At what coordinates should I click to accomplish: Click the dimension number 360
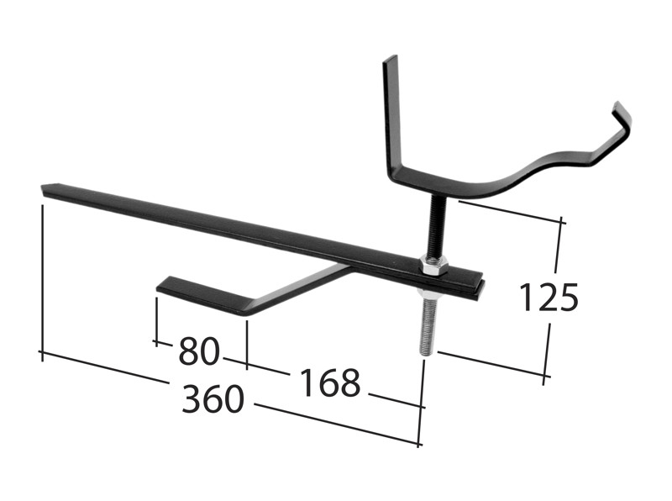click(213, 400)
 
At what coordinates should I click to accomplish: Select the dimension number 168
click(329, 383)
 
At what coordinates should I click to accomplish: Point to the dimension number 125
click(549, 298)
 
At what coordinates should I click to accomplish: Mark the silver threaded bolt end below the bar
click(427, 324)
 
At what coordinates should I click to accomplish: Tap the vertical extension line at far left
click(41, 277)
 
